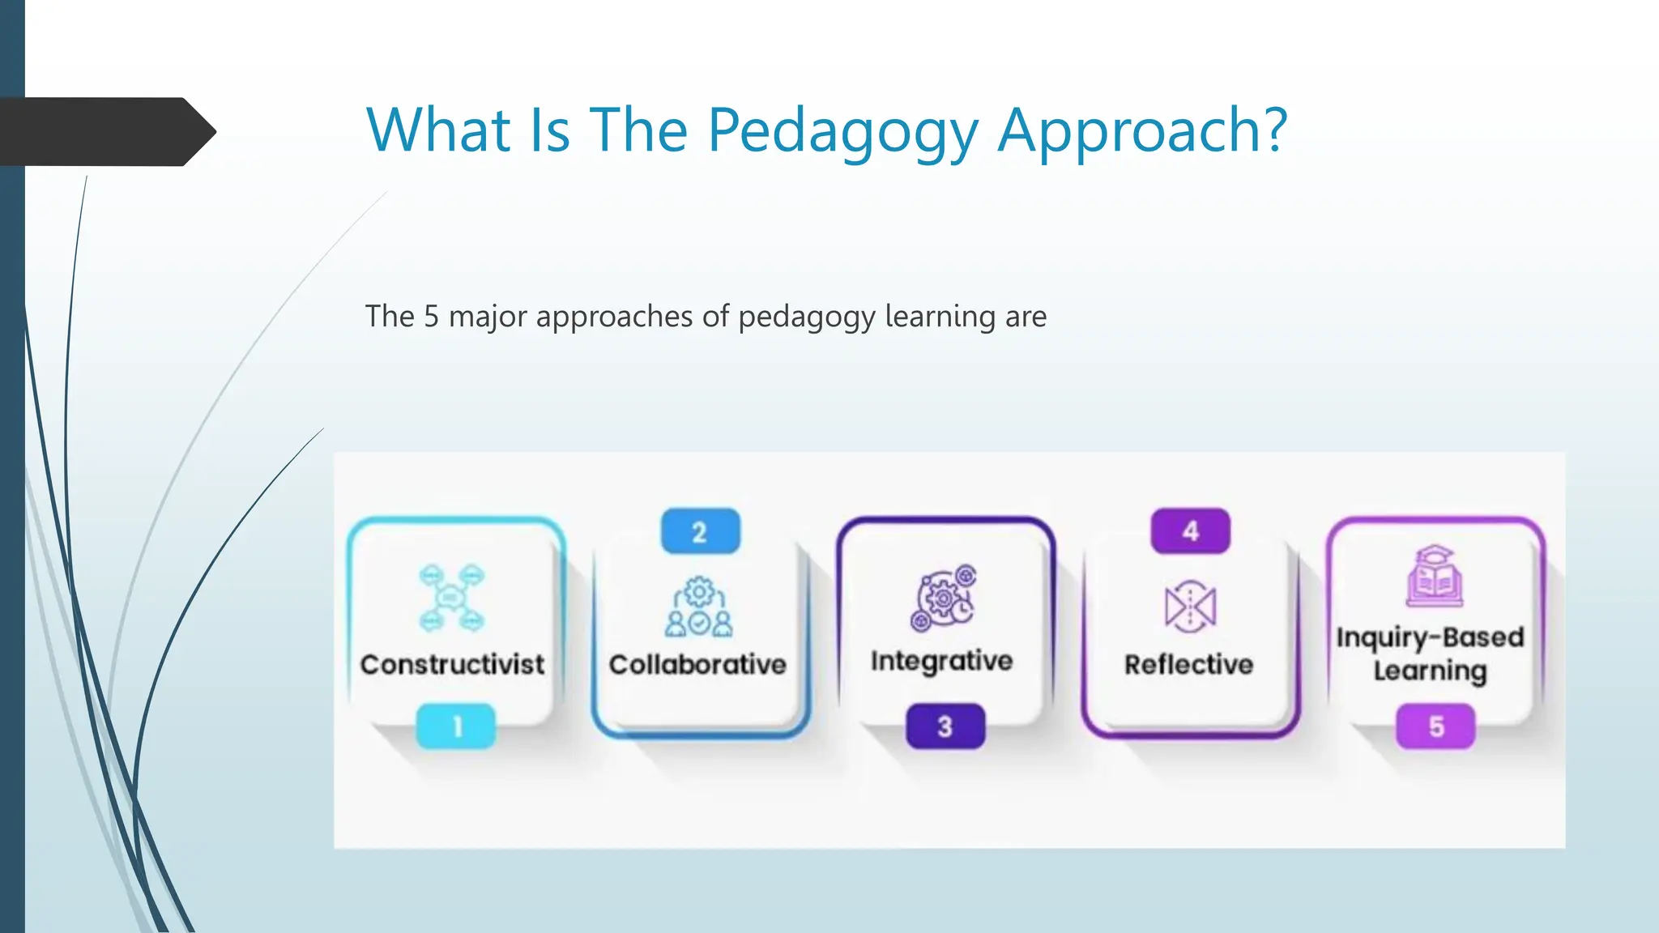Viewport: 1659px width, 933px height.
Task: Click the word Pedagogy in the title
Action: point(842,131)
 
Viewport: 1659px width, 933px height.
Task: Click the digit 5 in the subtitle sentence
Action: point(431,317)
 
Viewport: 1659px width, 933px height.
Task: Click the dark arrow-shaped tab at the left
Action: point(105,131)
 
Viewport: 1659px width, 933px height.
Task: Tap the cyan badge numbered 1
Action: point(456,726)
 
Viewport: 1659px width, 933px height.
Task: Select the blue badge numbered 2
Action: point(700,532)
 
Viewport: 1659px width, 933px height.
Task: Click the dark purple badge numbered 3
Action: point(945,726)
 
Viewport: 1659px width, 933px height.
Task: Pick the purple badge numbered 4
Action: point(1190,531)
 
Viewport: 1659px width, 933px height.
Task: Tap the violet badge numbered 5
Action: point(1435,726)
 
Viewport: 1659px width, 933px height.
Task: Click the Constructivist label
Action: point(452,665)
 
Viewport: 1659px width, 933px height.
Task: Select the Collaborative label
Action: point(697,665)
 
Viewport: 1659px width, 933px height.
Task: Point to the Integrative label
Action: point(941,661)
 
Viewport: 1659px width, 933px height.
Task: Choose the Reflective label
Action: point(1188,665)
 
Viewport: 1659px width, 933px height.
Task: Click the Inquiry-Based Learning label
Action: point(1431,654)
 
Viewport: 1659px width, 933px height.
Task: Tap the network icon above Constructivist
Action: point(451,599)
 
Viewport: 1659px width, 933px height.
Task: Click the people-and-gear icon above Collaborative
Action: point(699,607)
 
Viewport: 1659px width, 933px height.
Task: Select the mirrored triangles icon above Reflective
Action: point(1190,606)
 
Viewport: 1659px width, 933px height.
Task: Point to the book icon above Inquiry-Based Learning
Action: point(1434,576)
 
